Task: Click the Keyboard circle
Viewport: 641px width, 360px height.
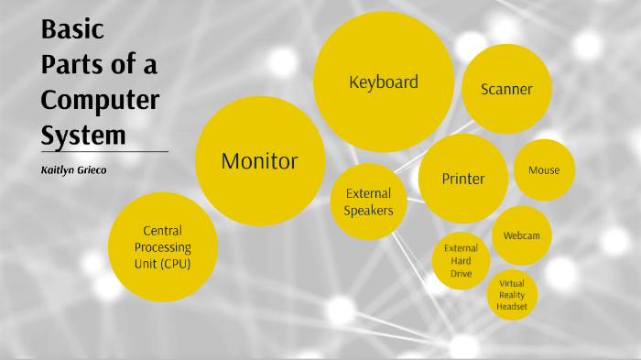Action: tap(384, 82)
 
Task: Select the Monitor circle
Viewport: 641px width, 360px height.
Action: tap(260, 161)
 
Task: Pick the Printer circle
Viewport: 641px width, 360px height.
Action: tap(463, 179)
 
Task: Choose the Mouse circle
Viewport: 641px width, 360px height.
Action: tap(544, 169)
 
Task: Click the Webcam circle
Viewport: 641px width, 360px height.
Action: tap(522, 235)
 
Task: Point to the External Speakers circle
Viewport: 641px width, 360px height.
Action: tap(368, 202)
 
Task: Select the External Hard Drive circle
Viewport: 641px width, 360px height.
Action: tap(461, 260)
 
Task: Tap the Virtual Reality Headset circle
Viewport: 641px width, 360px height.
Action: tap(512, 295)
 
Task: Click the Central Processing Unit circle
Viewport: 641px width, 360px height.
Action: tap(163, 247)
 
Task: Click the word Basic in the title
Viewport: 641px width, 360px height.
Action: tap(72, 30)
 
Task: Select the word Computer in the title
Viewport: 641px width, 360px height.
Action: tap(100, 100)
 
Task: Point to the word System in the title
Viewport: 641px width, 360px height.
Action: tap(83, 135)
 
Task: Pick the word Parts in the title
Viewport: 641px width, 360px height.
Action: tap(74, 65)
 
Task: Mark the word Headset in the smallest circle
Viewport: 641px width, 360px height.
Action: tap(512, 308)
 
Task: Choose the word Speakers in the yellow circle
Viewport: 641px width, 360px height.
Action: tap(368, 211)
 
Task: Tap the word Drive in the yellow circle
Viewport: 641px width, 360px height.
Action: tap(461, 272)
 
